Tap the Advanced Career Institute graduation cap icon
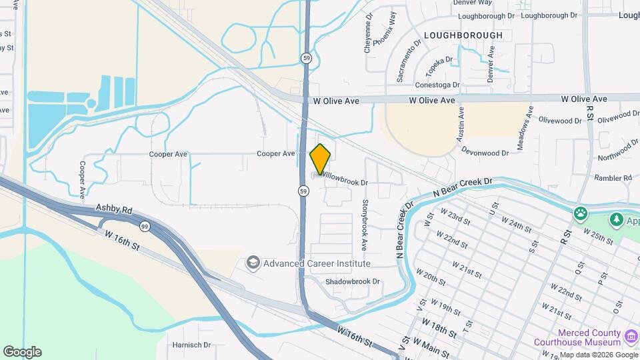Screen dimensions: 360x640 click(253, 263)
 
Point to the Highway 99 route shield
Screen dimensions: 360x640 click(145, 227)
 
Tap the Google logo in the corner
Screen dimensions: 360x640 click(22, 351)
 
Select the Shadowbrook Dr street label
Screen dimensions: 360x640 click(352, 281)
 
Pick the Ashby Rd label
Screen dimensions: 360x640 click(111, 208)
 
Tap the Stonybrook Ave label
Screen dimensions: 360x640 click(365, 225)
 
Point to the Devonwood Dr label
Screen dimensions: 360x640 click(485, 153)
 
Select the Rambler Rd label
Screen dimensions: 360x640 click(614, 178)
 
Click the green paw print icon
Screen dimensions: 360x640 click(581, 214)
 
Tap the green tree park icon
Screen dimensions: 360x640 click(617, 219)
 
